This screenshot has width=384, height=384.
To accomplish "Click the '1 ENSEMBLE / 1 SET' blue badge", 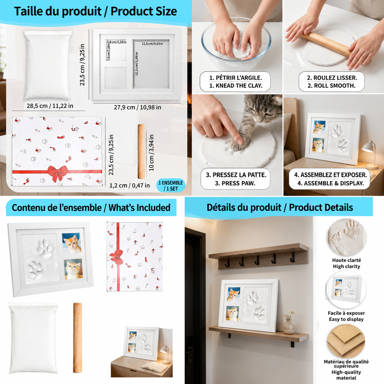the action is click(x=171, y=186).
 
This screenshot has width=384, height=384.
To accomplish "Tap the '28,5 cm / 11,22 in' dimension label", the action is click(x=50, y=106).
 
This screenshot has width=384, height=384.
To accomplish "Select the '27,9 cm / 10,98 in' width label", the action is click(x=137, y=107).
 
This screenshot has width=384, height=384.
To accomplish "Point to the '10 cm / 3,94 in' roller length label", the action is click(x=151, y=152).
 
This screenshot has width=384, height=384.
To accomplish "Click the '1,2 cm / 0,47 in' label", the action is click(x=130, y=186).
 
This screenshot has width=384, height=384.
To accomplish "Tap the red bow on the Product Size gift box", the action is click(x=57, y=173).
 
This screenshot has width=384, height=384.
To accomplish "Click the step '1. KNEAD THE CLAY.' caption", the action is click(x=235, y=86).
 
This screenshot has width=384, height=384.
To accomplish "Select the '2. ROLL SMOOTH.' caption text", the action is click(x=332, y=86).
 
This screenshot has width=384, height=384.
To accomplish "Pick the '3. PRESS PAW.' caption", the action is click(x=235, y=183).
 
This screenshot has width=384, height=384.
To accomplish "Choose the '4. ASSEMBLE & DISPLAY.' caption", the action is click(x=331, y=183).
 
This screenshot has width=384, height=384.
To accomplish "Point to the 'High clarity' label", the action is click(x=346, y=266).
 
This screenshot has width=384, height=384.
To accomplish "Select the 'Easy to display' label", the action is click(x=346, y=319).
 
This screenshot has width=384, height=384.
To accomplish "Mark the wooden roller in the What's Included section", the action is click(x=77, y=337).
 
